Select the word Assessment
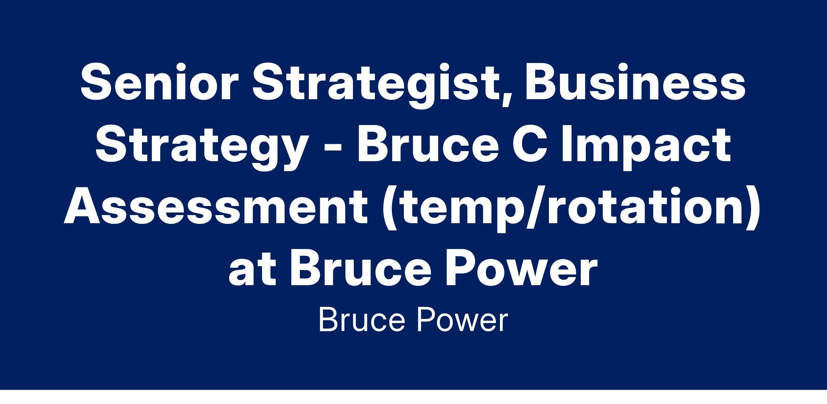pyautogui.click(x=216, y=207)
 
